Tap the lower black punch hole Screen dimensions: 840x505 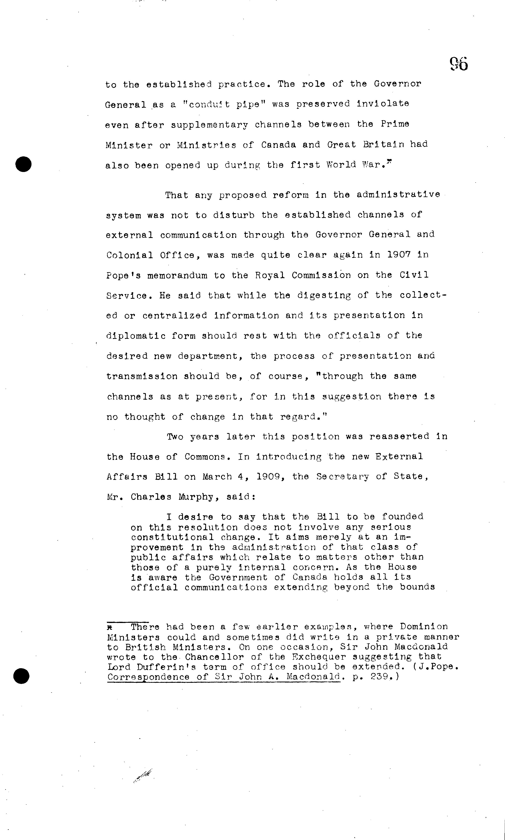(22, 675)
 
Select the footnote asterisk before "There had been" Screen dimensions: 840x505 (110, 627)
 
